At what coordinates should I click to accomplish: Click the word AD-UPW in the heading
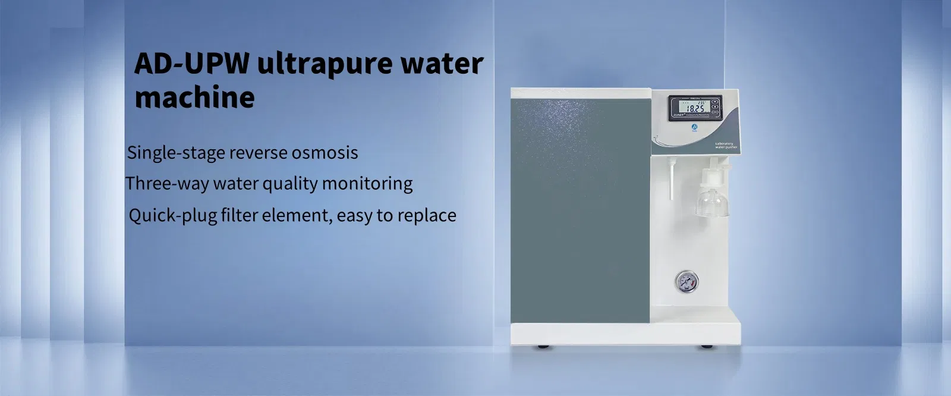(191, 64)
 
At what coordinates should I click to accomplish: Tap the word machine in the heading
(194, 97)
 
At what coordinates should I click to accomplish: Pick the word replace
(427, 215)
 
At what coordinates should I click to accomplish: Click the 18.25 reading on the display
(694, 109)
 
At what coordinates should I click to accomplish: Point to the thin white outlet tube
(670, 178)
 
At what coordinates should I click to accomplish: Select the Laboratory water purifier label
(726, 145)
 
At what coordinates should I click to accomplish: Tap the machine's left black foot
(542, 346)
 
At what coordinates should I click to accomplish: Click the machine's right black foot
(706, 346)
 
